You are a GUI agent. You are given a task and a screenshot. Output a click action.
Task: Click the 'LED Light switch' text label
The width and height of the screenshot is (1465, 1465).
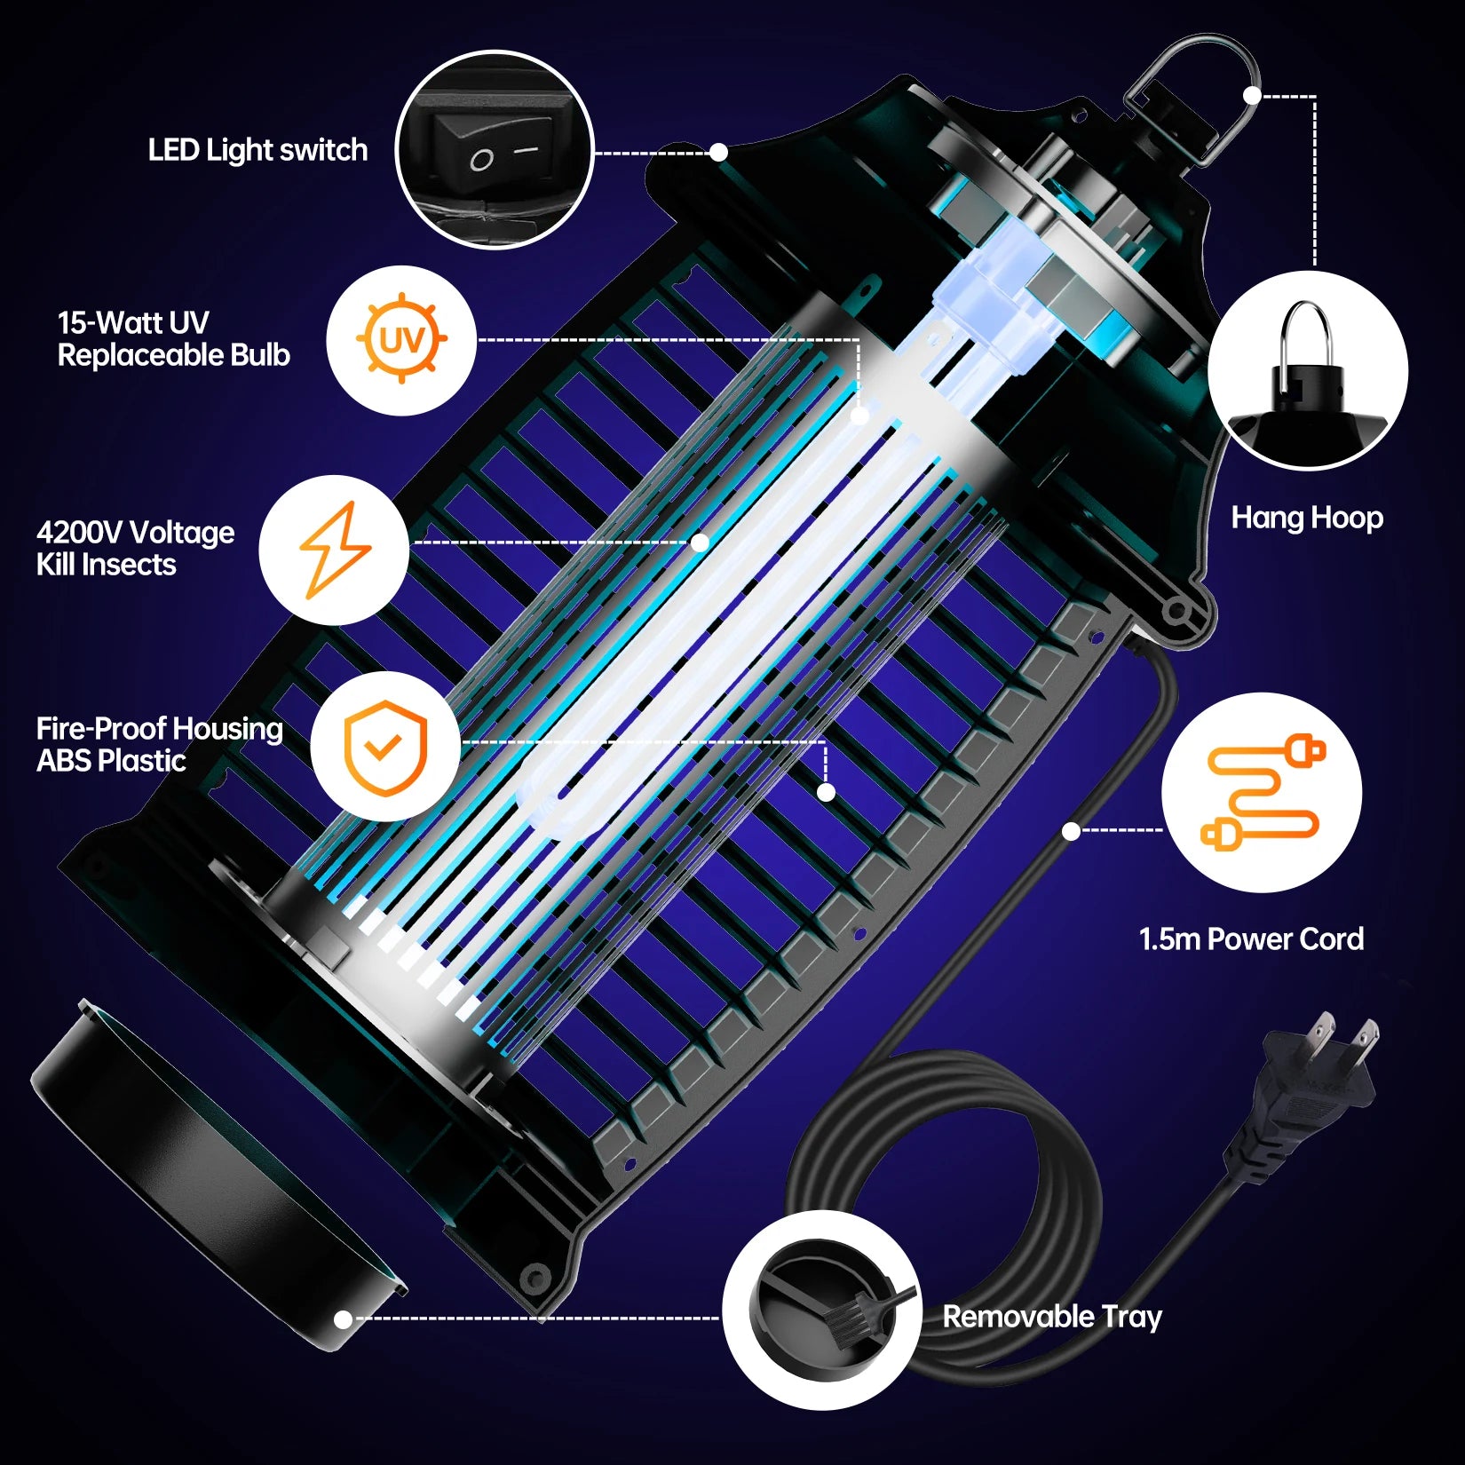(x=257, y=150)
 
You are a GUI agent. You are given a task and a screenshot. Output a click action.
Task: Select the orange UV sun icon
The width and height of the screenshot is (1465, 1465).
(x=401, y=340)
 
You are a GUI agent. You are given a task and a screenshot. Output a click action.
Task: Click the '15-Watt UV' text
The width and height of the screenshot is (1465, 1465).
(x=133, y=322)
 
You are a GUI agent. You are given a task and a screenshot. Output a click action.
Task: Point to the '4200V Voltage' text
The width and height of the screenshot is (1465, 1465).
(x=135, y=532)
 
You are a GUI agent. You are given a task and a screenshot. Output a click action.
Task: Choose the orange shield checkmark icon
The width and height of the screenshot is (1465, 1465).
(x=385, y=748)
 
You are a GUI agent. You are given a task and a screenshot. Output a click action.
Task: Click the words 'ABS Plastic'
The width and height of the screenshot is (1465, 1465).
(x=111, y=761)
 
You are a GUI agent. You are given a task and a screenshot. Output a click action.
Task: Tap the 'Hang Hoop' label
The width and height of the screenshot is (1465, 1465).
(x=1306, y=518)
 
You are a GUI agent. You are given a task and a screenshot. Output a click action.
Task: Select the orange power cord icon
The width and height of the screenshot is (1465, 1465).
(x=1262, y=792)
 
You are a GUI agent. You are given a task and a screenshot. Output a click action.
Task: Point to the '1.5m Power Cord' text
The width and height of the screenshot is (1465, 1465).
(x=1250, y=938)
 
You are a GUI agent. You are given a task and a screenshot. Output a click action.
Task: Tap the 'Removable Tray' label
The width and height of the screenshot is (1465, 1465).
(x=1052, y=1316)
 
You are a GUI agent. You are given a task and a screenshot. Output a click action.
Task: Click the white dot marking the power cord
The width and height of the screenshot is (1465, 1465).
(x=1071, y=831)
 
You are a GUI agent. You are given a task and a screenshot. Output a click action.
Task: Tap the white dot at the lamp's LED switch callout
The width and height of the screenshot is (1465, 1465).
(x=718, y=153)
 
